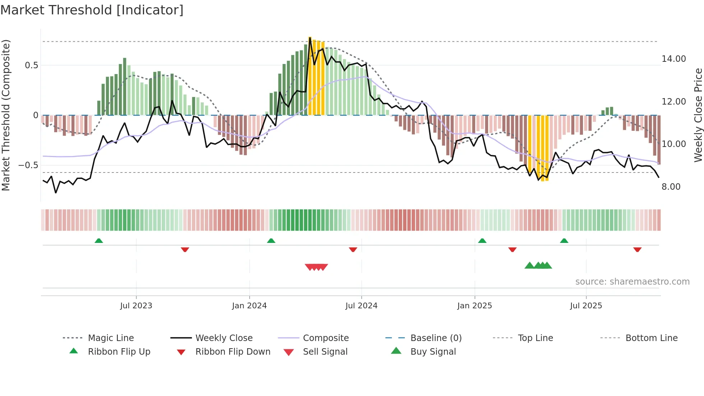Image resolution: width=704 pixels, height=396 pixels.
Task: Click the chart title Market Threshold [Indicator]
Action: click(x=92, y=10)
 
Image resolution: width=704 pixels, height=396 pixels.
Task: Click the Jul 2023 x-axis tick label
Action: click(x=136, y=306)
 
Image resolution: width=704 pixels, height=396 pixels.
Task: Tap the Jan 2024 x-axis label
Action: click(x=249, y=306)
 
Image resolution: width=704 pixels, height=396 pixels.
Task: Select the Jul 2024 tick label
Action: click(x=361, y=306)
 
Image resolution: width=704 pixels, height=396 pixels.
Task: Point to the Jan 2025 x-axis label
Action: click(x=474, y=306)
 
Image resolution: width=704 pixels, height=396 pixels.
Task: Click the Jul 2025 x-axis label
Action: click(x=586, y=306)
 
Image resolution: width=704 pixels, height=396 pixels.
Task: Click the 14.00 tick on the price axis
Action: click(x=673, y=59)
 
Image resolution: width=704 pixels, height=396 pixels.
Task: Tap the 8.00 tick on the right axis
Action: click(x=671, y=187)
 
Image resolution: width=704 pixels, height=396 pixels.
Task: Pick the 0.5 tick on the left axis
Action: click(x=31, y=65)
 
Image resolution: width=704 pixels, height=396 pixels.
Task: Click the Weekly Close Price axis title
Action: click(x=698, y=115)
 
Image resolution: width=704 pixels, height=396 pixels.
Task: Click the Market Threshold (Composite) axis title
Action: click(x=6, y=115)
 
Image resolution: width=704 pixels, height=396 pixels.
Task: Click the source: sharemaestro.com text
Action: click(x=632, y=282)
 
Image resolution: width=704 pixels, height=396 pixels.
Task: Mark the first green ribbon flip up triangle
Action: click(x=99, y=240)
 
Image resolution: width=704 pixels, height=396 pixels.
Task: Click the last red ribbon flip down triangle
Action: click(x=637, y=249)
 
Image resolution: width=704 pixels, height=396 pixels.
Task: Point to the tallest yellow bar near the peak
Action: click(x=310, y=75)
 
